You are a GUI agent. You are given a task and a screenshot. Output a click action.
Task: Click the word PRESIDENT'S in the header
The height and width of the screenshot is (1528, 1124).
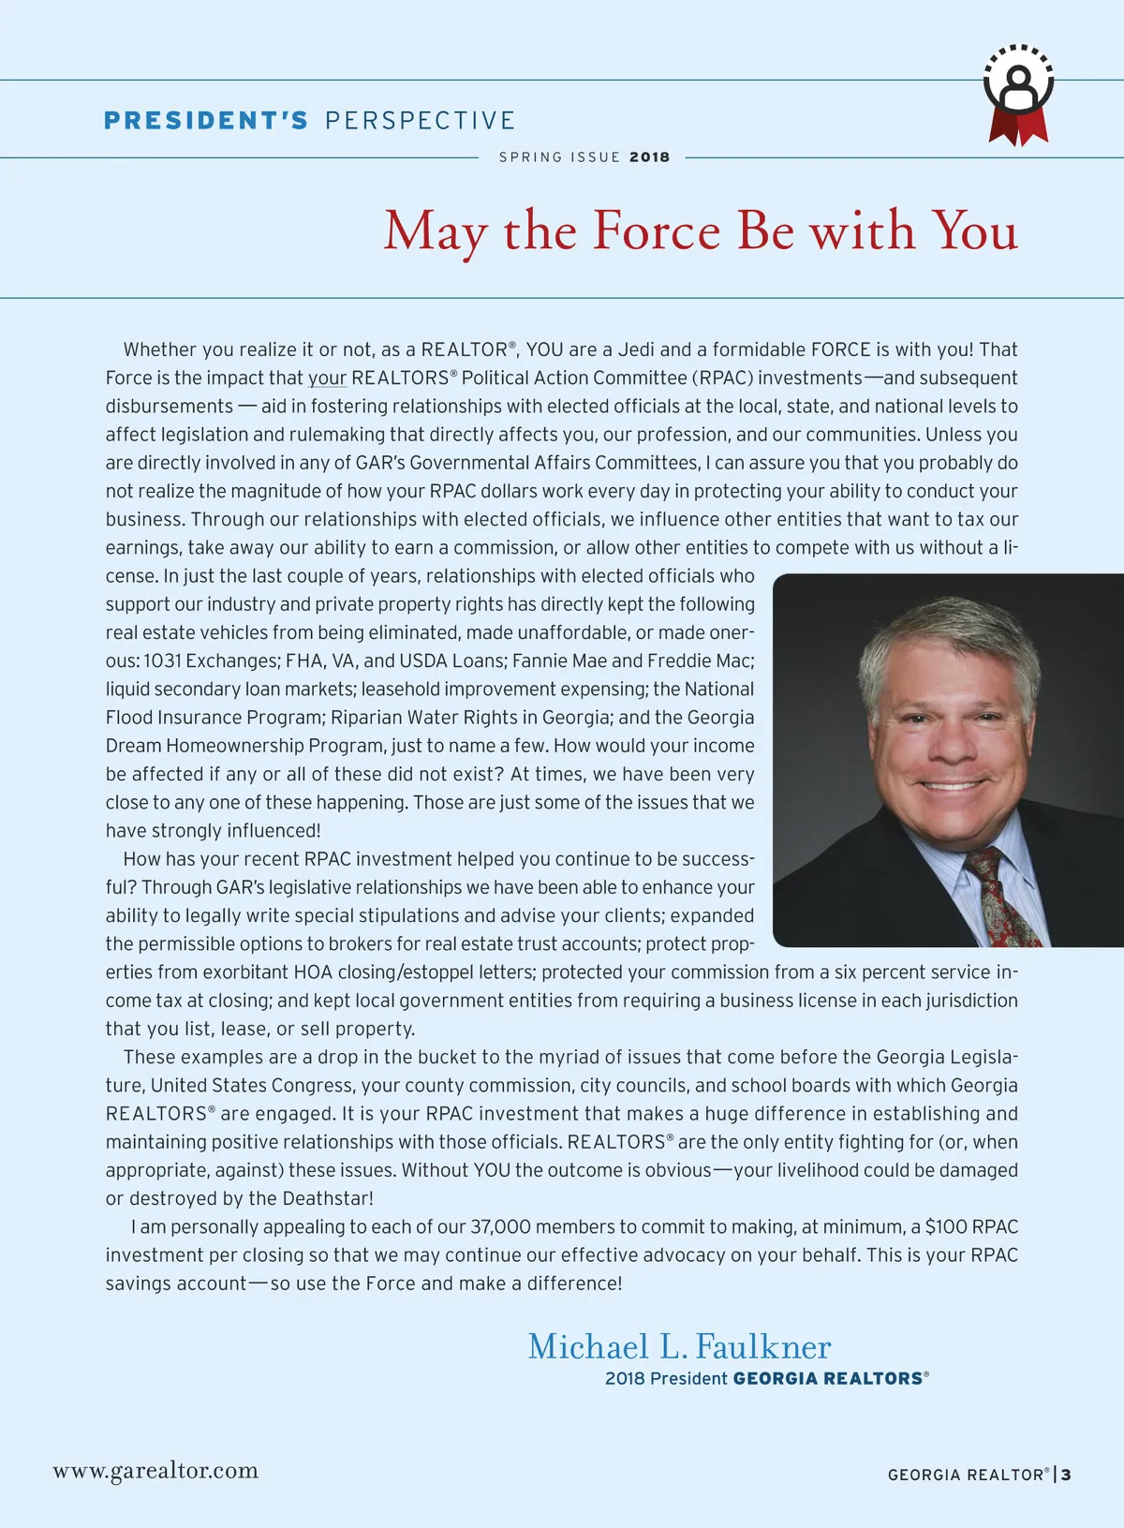pyautogui.click(x=206, y=121)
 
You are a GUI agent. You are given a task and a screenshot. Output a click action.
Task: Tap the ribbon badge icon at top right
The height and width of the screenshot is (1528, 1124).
pyautogui.click(x=1018, y=94)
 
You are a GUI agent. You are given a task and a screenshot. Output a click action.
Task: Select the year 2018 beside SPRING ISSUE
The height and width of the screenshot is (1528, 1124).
pyautogui.click(x=649, y=157)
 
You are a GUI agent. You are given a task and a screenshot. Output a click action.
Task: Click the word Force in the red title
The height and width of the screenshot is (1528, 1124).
pyautogui.click(x=657, y=230)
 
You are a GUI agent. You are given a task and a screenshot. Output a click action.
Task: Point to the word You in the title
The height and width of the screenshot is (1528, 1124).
pyautogui.click(x=974, y=230)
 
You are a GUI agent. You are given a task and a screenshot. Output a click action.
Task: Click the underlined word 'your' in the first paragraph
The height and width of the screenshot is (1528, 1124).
pyautogui.click(x=327, y=378)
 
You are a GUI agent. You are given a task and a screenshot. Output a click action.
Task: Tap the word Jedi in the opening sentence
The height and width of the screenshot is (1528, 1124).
pyautogui.click(x=635, y=350)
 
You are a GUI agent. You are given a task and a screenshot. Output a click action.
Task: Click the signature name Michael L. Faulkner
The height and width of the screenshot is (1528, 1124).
pyautogui.click(x=679, y=1347)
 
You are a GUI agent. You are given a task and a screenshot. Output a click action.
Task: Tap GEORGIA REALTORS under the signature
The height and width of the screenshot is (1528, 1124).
pyautogui.click(x=827, y=1379)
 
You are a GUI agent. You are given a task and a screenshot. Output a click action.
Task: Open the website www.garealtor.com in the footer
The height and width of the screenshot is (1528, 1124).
pyautogui.click(x=155, y=1471)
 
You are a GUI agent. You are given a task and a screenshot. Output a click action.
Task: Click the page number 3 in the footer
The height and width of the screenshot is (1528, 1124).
pyautogui.click(x=1066, y=1475)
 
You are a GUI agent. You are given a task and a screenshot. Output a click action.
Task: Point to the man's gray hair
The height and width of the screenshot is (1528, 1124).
pyautogui.click(x=946, y=637)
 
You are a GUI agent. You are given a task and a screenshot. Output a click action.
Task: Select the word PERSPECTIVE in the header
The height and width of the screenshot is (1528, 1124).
pyautogui.click(x=420, y=121)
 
